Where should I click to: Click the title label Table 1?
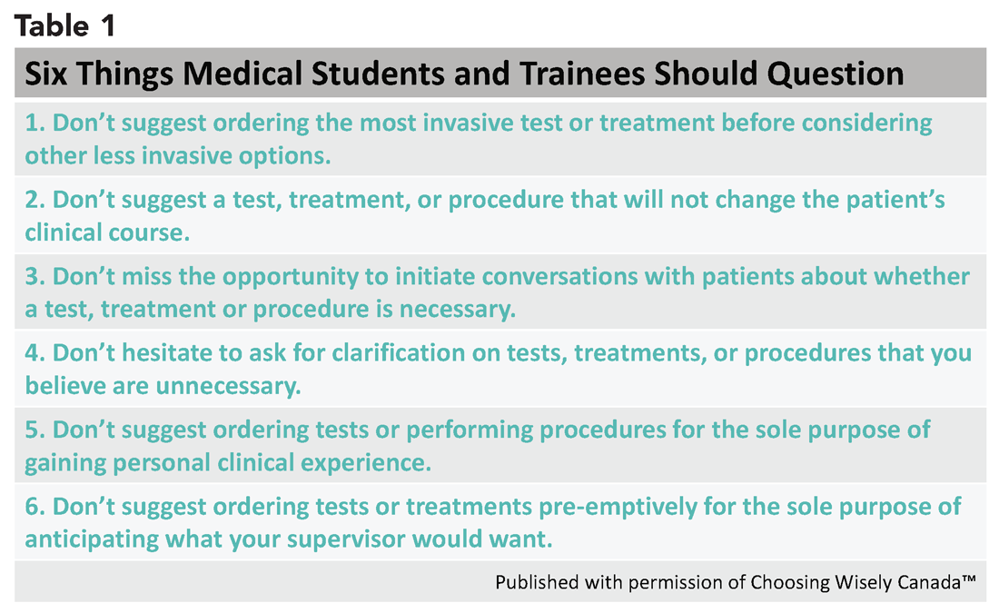point(65,26)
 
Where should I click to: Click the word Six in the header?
point(46,74)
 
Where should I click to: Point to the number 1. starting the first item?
point(35,123)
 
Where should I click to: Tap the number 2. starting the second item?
point(35,200)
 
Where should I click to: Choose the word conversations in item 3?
point(559,277)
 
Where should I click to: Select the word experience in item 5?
point(366,463)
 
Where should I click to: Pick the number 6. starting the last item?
point(35,508)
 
